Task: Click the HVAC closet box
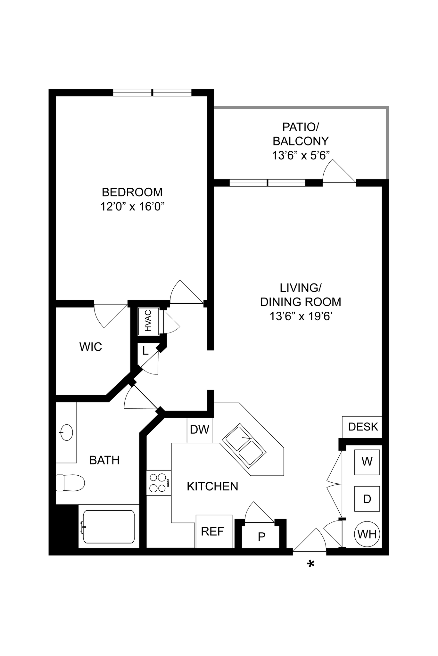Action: (x=148, y=321)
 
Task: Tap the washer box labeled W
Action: (x=367, y=462)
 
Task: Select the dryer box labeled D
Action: (x=367, y=499)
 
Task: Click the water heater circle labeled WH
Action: (x=367, y=534)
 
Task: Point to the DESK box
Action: (x=362, y=427)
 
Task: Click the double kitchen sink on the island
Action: (x=244, y=444)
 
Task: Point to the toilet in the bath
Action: (x=70, y=483)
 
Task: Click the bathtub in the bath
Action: (x=109, y=527)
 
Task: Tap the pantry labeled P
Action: (x=261, y=537)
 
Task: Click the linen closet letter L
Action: (x=145, y=351)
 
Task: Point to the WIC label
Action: (x=91, y=347)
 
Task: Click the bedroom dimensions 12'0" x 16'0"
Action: (x=132, y=207)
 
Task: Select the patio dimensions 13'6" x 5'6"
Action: (x=301, y=156)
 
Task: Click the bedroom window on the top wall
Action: (x=152, y=93)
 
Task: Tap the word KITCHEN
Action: (x=212, y=486)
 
